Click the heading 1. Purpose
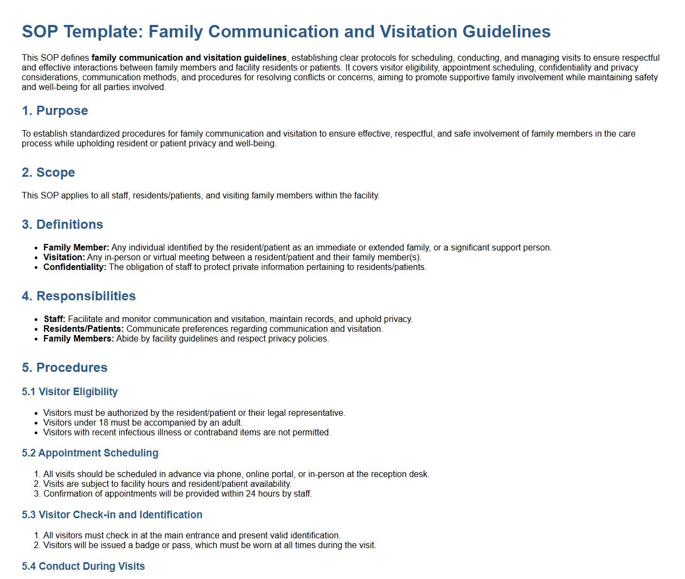point(55,111)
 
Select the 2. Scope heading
point(48,172)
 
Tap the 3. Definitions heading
point(62,224)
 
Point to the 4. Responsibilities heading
point(79,296)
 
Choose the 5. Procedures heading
point(65,368)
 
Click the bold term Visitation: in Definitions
point(64,258)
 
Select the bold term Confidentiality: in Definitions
point(75,267)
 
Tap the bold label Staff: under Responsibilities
point(54,319)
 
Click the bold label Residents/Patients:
point(84,329)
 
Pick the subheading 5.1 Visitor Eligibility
point(69,392)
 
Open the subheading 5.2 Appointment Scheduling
point(90,453)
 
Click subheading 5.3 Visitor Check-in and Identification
point(112,515)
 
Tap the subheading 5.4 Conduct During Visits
point(83,567)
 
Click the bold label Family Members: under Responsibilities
point(79,339)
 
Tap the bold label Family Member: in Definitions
point(76,248)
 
